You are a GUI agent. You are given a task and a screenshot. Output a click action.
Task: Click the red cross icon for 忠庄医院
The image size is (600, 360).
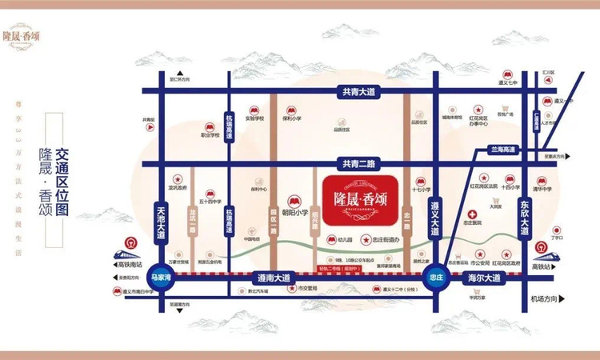(x=474, y=215)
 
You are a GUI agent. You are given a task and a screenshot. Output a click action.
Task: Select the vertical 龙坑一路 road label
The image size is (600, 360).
(x=194, y=219)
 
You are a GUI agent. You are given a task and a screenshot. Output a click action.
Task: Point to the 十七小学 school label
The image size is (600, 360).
(x=420, y=190)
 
